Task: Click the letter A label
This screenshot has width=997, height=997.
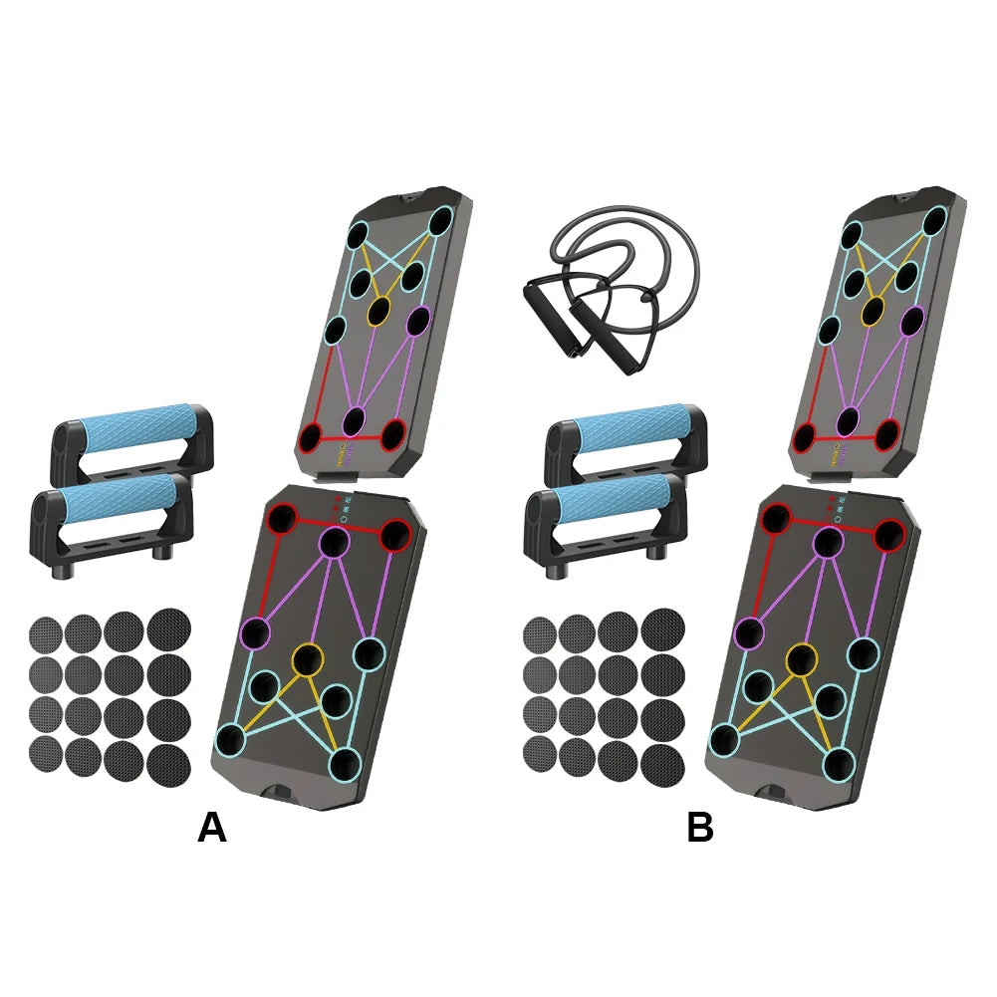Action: point(212,828)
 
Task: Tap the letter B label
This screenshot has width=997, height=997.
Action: point(700,828)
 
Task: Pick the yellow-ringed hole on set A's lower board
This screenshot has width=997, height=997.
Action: point(308,658)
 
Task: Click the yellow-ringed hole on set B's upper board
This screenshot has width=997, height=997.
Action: point(872,312)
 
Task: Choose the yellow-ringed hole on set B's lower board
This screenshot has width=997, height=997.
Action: point(801,658)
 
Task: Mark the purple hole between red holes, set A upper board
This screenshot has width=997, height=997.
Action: point(356,420)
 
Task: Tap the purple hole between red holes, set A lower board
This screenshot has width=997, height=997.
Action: point(335,542)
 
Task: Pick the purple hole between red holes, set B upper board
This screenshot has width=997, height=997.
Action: point(849,420)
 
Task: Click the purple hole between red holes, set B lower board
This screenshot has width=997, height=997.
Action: point(829,542)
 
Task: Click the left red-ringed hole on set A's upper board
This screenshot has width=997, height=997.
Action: point(311,436)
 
